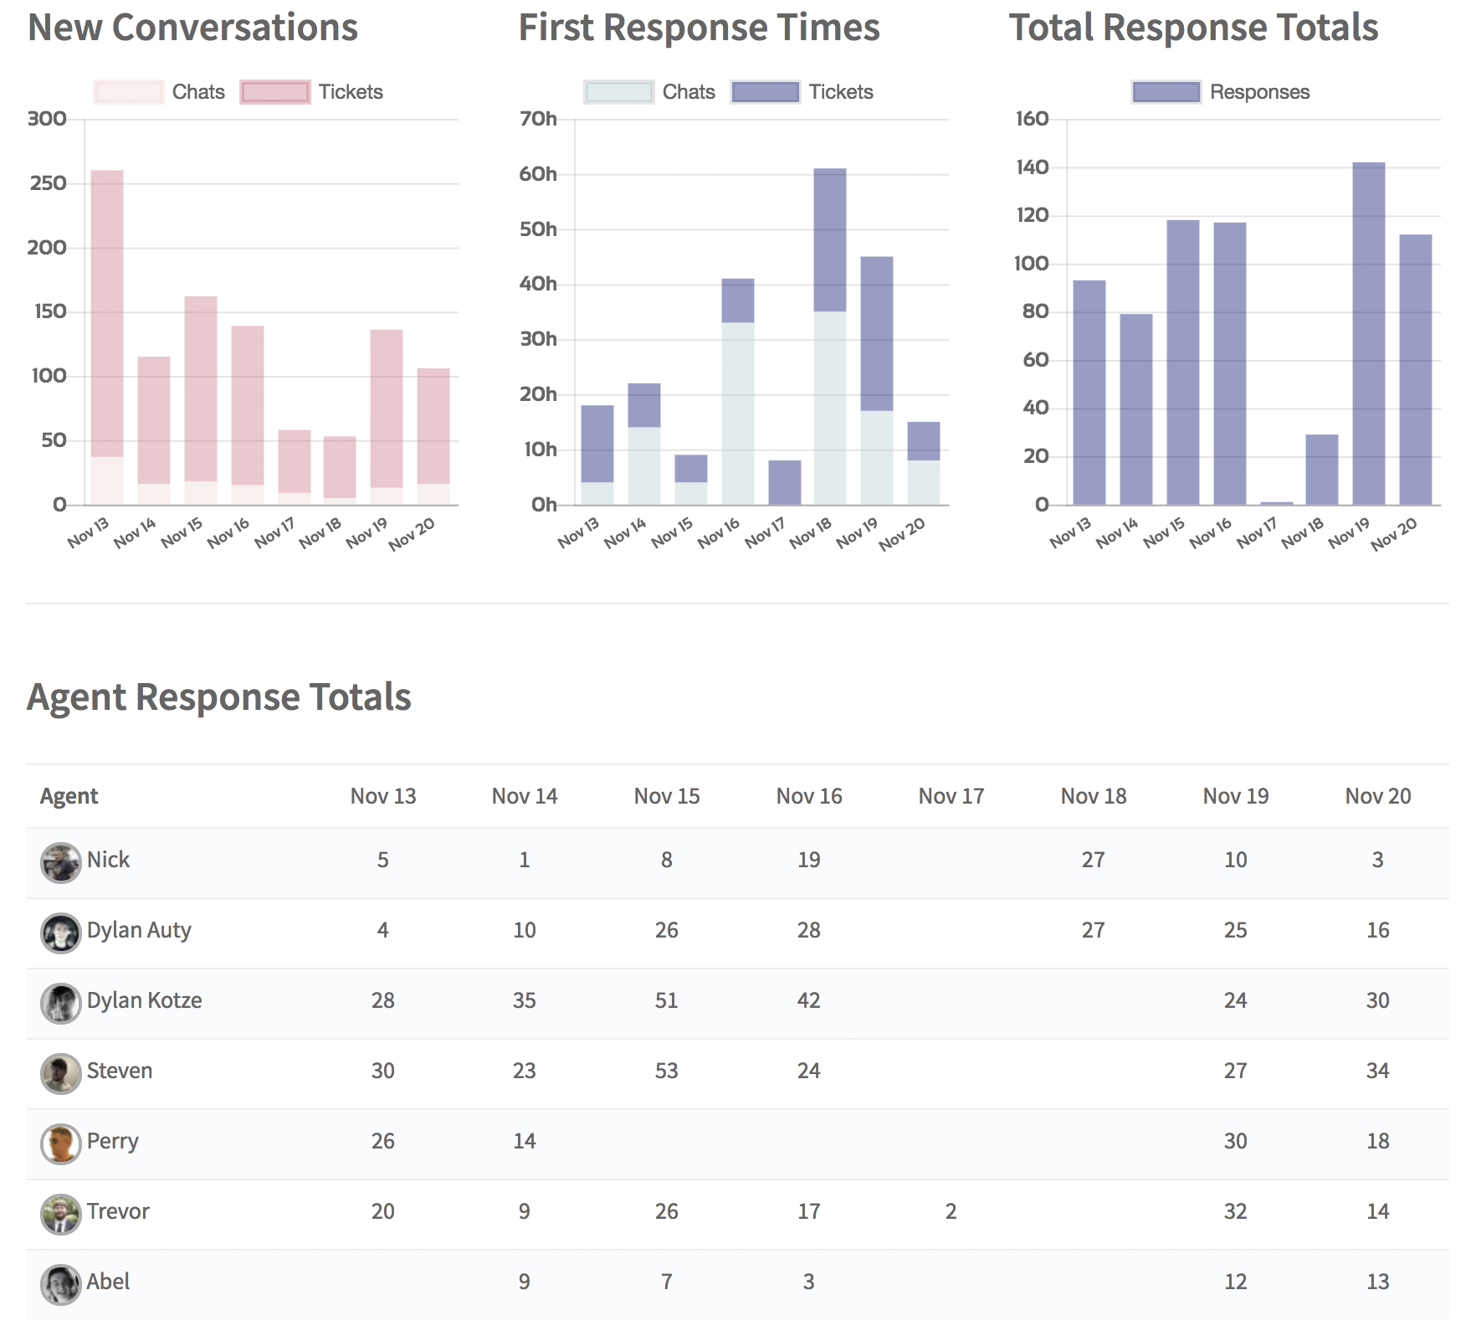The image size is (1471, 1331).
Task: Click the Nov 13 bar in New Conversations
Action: tap(107, 337)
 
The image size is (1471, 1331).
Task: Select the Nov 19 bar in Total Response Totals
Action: tap(1369, 333)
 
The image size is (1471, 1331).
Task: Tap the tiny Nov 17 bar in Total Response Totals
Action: tap(1277, 503)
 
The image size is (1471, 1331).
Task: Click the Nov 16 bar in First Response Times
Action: tap(738, 392)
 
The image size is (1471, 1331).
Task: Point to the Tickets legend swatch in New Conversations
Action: tap(275, 92)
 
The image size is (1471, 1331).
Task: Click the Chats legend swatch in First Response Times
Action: tap(619, 92)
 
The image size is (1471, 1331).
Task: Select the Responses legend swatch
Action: tap(1166, 92)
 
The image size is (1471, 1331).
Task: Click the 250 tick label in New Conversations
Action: tap(48, 183)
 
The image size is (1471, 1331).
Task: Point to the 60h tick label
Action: tap(538, 174)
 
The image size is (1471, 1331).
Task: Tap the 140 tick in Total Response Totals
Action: tap(1033, 167)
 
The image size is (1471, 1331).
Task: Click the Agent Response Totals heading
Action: tap(219, 696)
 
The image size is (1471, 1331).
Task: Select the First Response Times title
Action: tap(700, 27)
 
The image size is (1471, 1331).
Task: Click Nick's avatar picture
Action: tap(61, 863)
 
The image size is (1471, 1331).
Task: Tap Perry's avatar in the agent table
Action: tap(61, 1144)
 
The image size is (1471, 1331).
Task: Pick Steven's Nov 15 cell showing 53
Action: tap(667, 1071)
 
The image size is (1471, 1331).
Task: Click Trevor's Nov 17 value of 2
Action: tap(951, 1211)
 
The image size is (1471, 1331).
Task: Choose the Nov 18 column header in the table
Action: tap(1094, 796)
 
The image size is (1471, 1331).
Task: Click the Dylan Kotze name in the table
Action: tap(145, 1000)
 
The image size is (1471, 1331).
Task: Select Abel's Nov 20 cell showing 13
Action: tap(1378, 1282)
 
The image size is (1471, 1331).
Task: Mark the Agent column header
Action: tap(69, 796)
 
